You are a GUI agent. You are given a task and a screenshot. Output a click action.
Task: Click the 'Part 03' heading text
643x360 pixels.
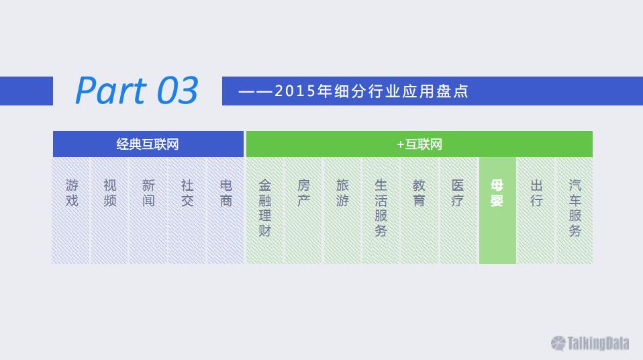(137, 91)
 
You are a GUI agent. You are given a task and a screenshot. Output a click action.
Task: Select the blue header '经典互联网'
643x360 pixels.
(148, 144)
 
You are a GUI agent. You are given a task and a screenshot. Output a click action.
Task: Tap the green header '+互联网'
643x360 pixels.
(419, 144)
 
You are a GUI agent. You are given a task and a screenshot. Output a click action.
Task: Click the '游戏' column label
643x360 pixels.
(72, 193)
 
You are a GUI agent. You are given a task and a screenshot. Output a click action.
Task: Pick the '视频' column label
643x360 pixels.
(110, 193)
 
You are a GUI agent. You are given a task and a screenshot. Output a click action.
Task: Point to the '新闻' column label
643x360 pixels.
(148, 193)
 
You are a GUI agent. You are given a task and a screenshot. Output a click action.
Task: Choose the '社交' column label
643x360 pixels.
(187, 193)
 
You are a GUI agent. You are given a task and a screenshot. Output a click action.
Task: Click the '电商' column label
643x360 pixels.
(226, 193)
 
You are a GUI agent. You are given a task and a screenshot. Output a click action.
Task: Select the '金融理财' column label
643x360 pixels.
(265, 208)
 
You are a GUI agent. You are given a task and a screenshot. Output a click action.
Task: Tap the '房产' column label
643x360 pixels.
(303, 193)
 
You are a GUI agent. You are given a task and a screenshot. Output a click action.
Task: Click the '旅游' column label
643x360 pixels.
(342, 193)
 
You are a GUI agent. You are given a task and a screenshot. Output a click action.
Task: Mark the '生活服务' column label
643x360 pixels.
(381, 208)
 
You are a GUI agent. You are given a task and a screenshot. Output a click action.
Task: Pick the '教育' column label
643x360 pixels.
(419, 193)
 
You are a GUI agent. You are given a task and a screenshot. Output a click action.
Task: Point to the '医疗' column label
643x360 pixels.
(458, 193)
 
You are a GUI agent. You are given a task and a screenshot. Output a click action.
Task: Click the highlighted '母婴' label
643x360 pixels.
(497, 193)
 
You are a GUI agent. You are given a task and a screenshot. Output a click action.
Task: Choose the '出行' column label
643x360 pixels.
(536, 193)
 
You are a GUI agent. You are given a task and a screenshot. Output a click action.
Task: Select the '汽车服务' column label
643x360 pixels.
(575, 208)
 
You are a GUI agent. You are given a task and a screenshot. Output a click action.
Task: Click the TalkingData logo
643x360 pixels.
(590, 343)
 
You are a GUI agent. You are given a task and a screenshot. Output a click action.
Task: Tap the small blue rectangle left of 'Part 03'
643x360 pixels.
(26, 91)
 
